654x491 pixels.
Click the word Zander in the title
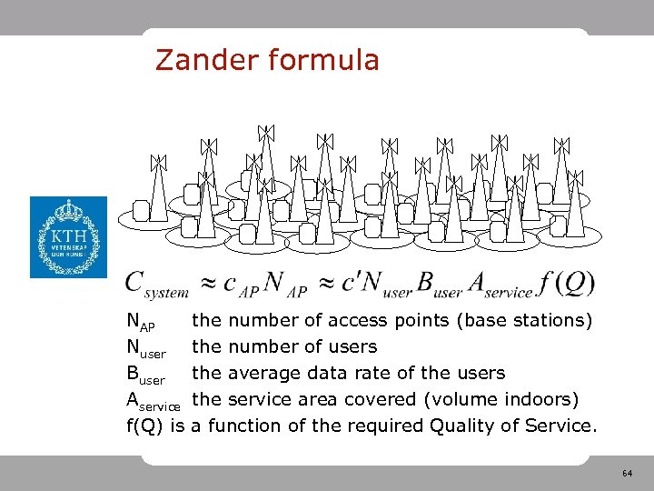tap(206, 60)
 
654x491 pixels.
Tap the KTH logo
tap(68, 237)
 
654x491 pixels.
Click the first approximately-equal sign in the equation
tap(207, 284)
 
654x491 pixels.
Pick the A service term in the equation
tap(499, 284)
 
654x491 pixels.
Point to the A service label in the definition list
tap(155, 401)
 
